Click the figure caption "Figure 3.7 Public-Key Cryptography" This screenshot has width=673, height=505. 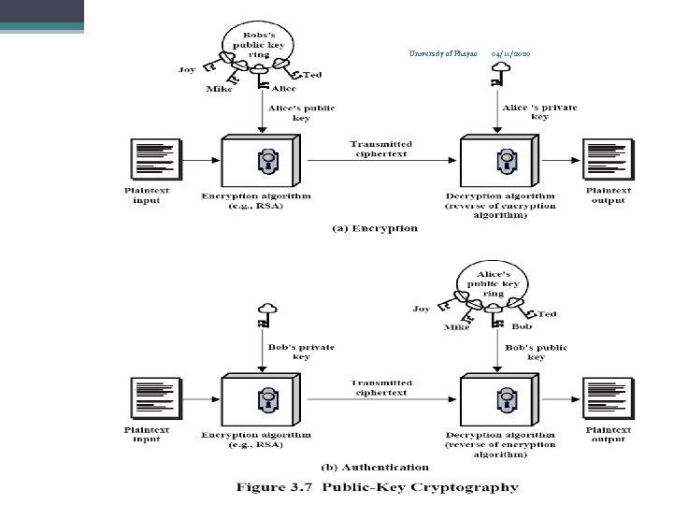tap(377, 487)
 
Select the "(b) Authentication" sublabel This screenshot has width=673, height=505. tap(375, 467)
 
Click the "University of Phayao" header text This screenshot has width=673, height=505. tap(443, 54)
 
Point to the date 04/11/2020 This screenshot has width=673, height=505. tap(511, 54)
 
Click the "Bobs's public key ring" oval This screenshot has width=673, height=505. tap(256, 42)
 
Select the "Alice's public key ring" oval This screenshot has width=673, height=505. tap(493, 281)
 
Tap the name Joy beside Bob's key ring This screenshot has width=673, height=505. tap(186, 69)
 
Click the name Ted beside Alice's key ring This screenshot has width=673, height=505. tap(549, 313)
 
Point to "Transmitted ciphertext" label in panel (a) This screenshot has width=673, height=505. tap(380, 149)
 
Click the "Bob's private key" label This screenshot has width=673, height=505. tap(302, 352)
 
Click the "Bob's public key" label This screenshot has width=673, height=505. tap(537, 352)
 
